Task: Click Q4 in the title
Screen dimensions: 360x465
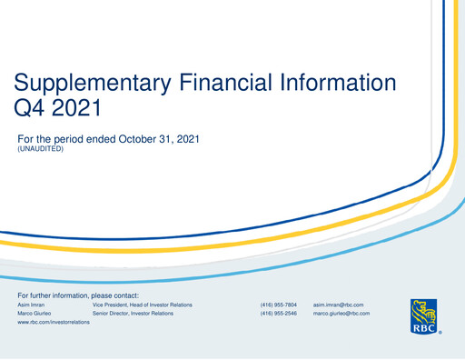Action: click(x=35, y=111)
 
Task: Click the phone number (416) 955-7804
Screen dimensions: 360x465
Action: click(x=278, y=305)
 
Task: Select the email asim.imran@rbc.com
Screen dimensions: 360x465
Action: click(x=338, y=305)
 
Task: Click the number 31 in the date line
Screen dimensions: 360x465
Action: click(x=169, y=139)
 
